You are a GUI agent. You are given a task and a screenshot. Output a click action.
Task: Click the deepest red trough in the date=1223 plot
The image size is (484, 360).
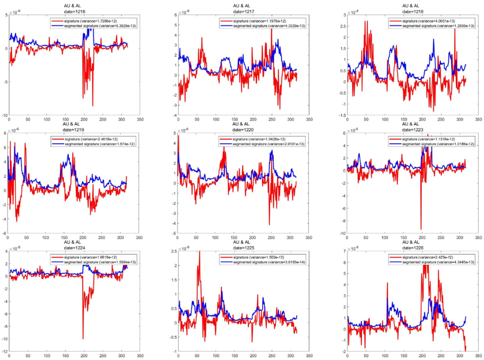tap(421, 229)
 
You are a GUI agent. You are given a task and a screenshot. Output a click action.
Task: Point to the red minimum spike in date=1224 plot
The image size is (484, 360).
tap(83, 339)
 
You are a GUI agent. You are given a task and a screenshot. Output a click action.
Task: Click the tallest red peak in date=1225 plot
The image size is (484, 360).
tap(199, 252)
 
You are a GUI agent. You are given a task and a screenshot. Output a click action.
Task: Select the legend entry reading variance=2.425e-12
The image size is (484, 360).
tap(431, 257)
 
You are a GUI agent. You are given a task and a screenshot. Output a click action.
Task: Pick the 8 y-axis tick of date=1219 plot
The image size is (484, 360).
tap(5, 133)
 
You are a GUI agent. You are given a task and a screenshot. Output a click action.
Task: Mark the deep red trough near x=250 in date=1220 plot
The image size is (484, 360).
tap(269, 225)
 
